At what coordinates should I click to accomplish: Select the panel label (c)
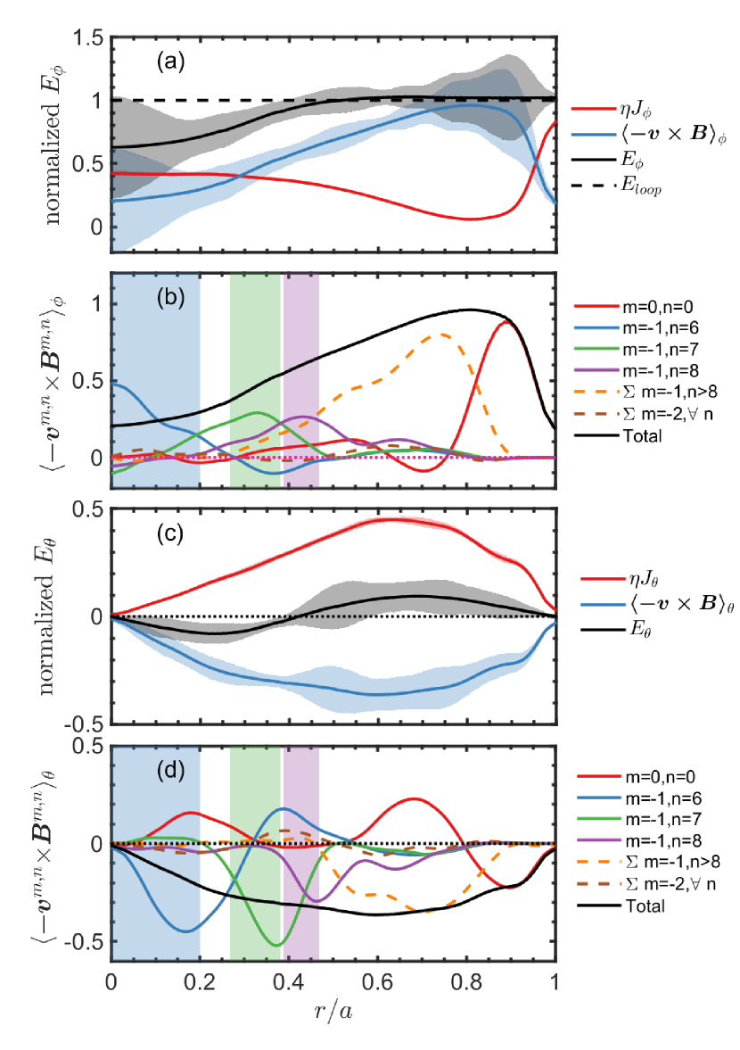tap(169, 533)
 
